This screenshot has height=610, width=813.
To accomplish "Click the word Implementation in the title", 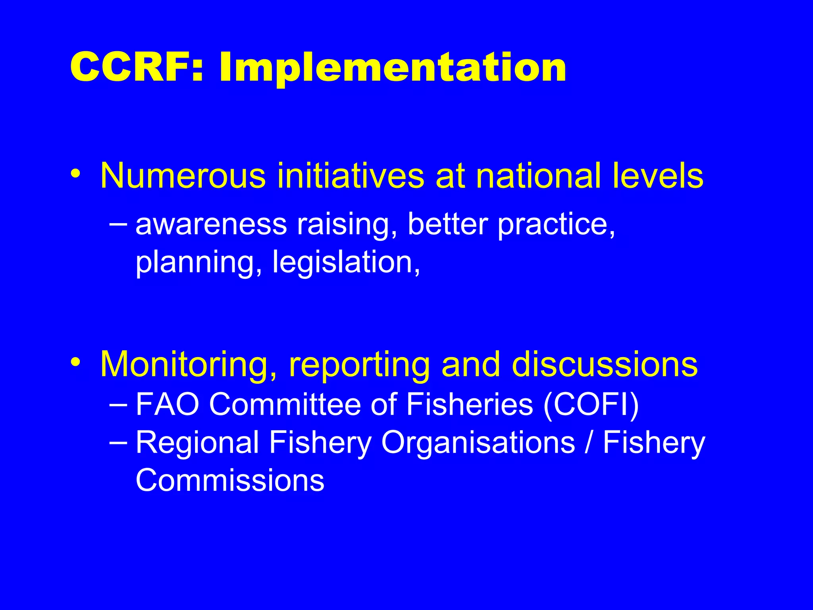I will point(392,68).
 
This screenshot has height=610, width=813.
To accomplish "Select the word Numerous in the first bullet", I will point(183,176).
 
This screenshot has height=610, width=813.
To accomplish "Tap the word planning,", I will point(199,263).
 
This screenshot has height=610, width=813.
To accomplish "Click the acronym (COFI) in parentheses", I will point(591,405).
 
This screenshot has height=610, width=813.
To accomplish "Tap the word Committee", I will point(285,404).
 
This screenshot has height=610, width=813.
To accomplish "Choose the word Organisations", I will point(478,442).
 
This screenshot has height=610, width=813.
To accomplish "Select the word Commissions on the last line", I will point(230,480).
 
